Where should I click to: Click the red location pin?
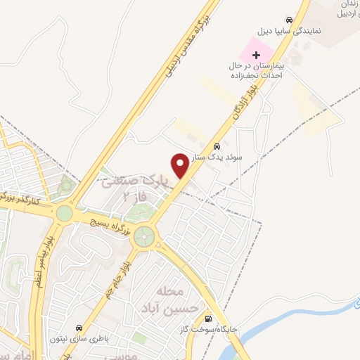point(180,165)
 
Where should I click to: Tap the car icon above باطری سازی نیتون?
point(82,328)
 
